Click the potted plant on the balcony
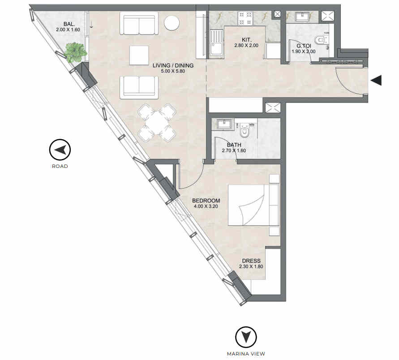click(75, 53)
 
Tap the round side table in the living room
click(172, 23)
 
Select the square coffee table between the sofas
click(139, 55)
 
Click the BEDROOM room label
click(206, 201)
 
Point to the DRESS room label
click(251, 261)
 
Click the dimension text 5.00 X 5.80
click(173, 71)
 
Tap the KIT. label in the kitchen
click(246, 40)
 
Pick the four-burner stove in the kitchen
click(245, 18)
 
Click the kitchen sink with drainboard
click(217, 42)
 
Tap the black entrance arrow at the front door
click(376, 81)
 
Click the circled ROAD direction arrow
click(60, 150)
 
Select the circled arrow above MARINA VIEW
click(246, 337)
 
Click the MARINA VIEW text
click(246, 354)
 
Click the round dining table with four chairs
click(157, 123)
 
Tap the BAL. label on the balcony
click(69, 24)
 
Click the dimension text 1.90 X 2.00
click(304, 51)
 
